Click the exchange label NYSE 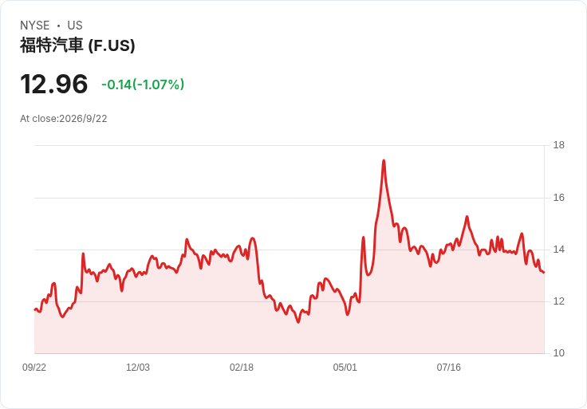click(35, 26)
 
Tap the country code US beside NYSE click(75, 26)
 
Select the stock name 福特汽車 click(51, 45)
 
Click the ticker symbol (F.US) click(112, 46)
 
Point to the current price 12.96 click(54, 84)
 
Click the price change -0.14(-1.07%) click(143, 85)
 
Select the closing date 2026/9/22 click(83, 119)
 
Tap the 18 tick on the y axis click(558, 145)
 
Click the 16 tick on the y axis click(558, 198)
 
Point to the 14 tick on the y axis click(558, 250)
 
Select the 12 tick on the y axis click(558, 301)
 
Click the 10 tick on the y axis click(558, 353)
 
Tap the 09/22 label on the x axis click(34, 368)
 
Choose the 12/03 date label click(138, 368)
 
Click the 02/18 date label click(242, 368)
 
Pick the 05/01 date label click(345, 368)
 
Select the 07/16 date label click(448, 368)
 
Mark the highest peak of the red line click(384, 160)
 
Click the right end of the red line click(544, 273)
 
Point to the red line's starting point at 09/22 click(34, 309)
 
